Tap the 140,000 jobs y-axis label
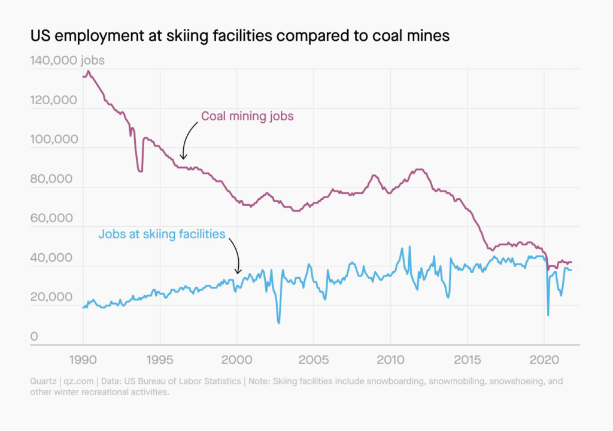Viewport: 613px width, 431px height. pyautogui.click(x=66, y=61)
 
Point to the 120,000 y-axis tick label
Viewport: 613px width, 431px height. pyautogui.click(x=53, y=101)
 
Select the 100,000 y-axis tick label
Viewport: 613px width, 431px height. pyautogui.click(x=53, y=140)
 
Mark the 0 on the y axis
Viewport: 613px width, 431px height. pyautogui.click(x=34, y=337)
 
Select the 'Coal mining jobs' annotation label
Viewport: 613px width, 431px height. pyautogui.click(x=247, y=116)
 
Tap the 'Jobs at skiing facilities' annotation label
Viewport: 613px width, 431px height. pyautogui.click(x=162, y=234)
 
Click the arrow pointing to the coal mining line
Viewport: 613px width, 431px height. pyautogui.click(x=187, y=139)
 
